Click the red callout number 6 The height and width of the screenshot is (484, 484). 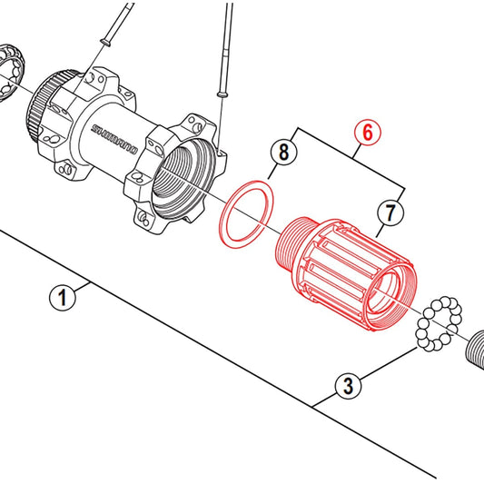point(368,133)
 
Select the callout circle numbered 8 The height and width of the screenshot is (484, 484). point(283,152)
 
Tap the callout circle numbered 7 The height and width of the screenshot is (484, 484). point(390,212)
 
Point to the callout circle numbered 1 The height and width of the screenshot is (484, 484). point(63,298)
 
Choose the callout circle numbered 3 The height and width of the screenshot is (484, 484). point(349,386)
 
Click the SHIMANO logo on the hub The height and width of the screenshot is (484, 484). point(114,139)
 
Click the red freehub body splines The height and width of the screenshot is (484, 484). point(342,269)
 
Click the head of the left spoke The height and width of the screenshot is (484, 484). point(105,42)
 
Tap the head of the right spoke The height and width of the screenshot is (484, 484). point(222,94)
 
